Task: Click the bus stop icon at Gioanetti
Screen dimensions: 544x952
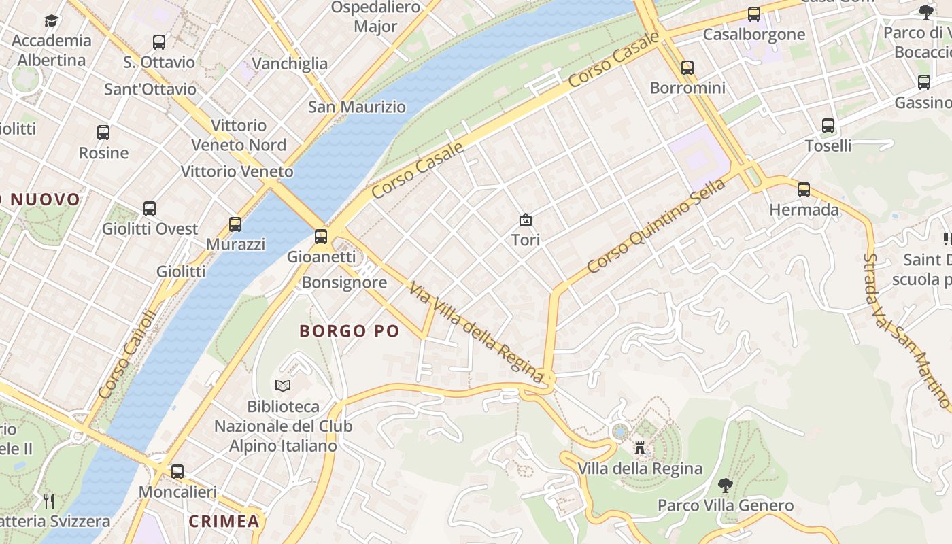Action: (x=321, y=237)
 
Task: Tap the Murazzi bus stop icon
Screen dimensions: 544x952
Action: (x=235, y=224)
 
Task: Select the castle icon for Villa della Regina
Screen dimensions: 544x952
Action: (x=639, y=448)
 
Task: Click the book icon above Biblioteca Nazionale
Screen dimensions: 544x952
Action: (x=283, y=386)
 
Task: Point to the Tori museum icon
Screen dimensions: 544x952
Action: (x=525, y=220)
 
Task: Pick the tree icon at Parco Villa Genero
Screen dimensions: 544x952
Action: (x=726, y=486)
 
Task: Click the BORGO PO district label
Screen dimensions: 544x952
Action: (x=350, y=331)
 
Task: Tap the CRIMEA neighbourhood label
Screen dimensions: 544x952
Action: (x=224, y=522)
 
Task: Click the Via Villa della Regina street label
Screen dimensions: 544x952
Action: (x=475, y=333)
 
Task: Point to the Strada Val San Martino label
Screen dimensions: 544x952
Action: (x=906, y=331)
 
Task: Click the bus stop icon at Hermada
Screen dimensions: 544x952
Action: (x=804, y=190)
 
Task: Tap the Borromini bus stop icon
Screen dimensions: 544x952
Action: (x=687, y=68)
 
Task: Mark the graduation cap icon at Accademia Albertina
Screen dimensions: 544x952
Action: (x=52, y=20)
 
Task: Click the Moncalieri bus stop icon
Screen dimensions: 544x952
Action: (x=177, y=471)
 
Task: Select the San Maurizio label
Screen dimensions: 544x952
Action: (x=357, y=107)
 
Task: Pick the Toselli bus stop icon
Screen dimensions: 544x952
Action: (x=828, y=126)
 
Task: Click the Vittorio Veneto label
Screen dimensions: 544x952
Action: (x=237, y=171)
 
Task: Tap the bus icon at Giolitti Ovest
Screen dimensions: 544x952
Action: (x=150, y=209)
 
